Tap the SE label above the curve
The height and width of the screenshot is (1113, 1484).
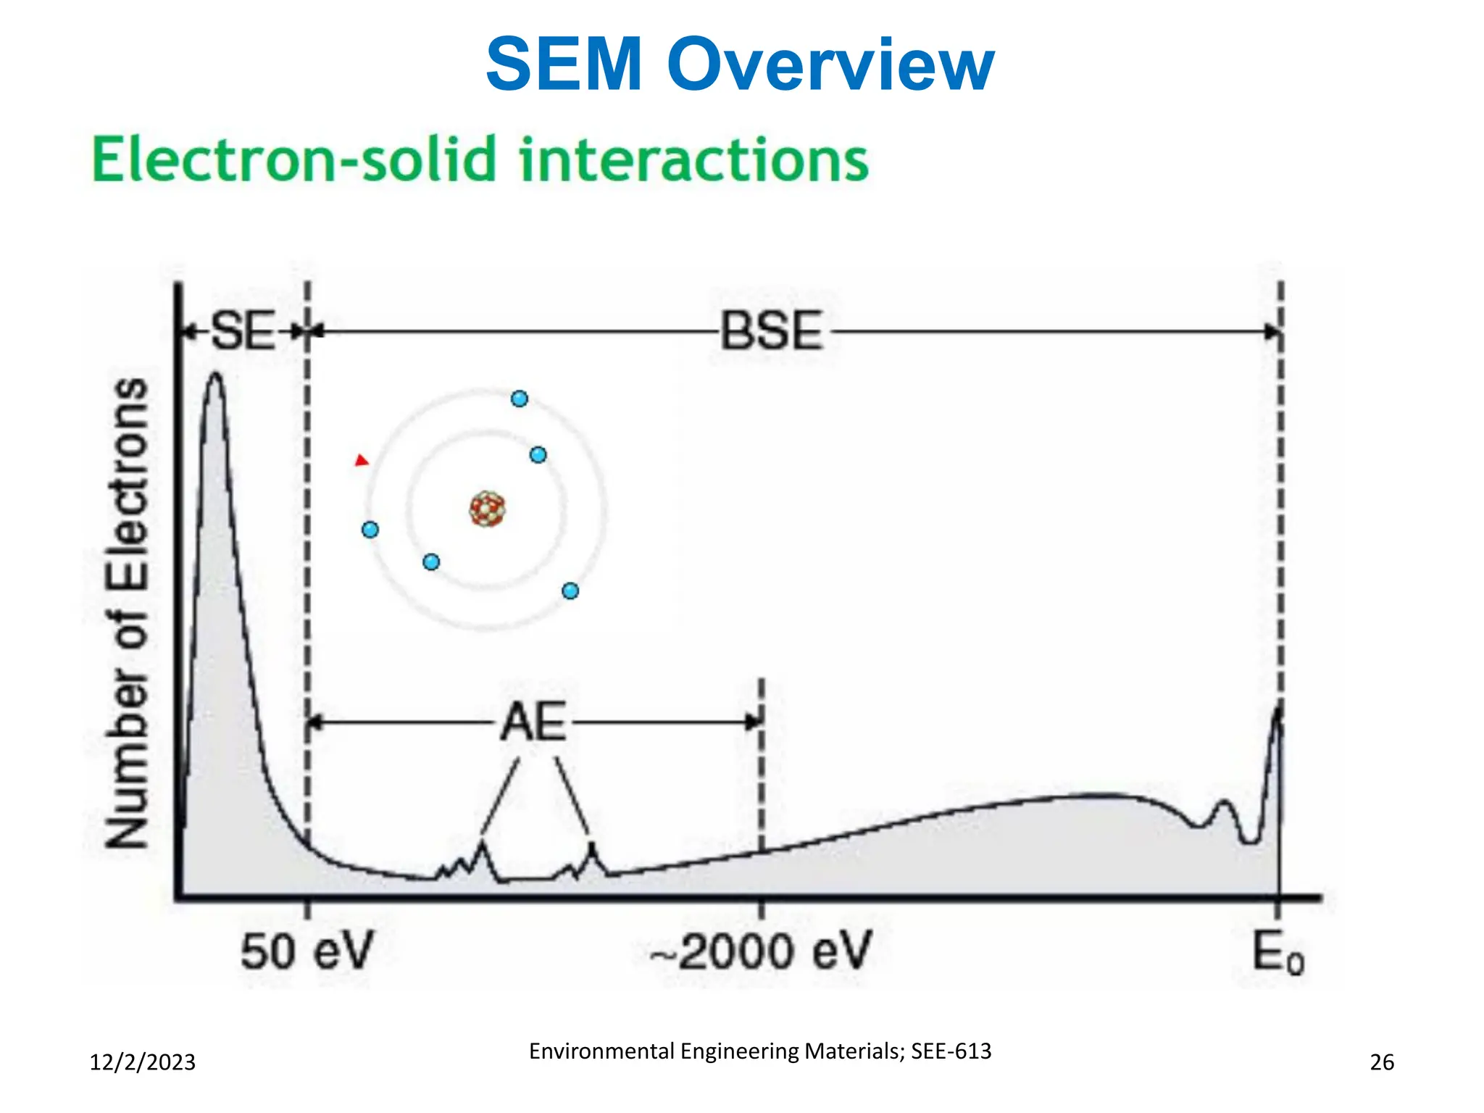point(243,331)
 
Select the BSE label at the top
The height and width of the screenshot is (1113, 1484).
point(772,332)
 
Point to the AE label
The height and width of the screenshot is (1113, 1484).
point(533,722)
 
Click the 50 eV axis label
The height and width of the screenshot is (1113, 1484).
point(307,951)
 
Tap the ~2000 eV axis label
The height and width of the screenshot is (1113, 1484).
point(761,951)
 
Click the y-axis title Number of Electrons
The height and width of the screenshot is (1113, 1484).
point(128,613)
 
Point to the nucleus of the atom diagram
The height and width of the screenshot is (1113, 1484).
point(487,509)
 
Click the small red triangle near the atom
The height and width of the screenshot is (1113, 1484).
point(362,460)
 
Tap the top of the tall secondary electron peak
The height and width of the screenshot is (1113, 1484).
point(215,377)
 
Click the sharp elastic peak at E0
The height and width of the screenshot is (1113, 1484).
point(1277,714)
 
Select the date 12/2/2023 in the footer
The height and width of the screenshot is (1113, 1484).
point(142,1062)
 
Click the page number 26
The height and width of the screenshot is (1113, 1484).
point(1382,1062)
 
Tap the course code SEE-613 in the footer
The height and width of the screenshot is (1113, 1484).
point(951,1051)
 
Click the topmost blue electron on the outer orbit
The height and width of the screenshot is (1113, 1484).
point(520,399)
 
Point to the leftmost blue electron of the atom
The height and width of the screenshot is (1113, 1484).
point(370,530)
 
